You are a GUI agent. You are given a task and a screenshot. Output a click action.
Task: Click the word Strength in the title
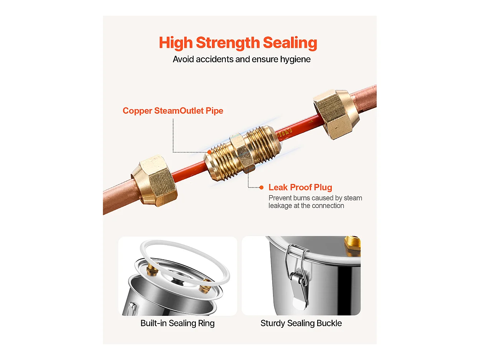pyautogui.click(x=228, y=43)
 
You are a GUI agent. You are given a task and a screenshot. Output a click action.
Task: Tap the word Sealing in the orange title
pyautogui.click(x=290, y=43)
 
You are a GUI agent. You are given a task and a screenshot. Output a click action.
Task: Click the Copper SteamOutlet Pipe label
pyautogui.click(x=173, y=111)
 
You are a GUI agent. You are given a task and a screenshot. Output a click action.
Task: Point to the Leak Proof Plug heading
pyautogui.click(x=300, y=187)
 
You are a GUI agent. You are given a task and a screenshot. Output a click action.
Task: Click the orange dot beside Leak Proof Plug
pyautogui.click(x=262, y=187)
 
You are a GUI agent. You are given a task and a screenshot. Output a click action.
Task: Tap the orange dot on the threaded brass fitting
pyautogui.click(x=209, y=152)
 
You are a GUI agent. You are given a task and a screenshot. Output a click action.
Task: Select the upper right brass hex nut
pyautogui.click(x=336, y=114)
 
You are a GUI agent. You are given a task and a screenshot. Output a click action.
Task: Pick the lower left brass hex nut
pyautogui.click(x=154, y=181)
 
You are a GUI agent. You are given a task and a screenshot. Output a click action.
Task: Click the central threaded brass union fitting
pyautogui.click(x=243, y=153)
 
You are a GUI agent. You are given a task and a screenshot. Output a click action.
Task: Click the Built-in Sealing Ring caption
pyautogui.click(x=177, y=323)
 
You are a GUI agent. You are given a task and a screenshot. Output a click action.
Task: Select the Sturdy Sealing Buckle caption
pyautogui.click(x=301, y=323)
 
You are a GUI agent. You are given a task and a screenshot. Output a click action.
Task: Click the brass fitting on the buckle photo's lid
pyautogui.click(x=352, y=245)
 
